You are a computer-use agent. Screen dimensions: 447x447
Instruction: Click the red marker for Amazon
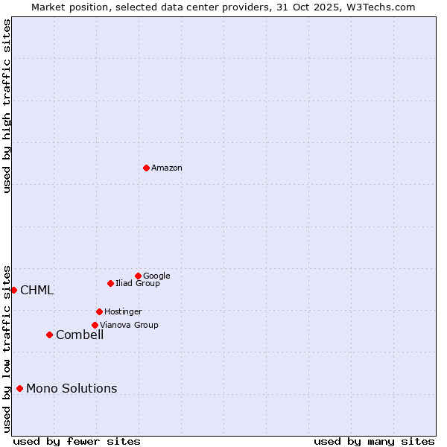tap(146, 168)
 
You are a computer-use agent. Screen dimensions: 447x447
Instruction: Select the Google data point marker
tap(138, 276)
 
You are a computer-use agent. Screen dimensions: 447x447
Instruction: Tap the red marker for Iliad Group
tap(110, 283)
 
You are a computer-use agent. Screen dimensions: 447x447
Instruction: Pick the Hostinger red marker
tap(99, 311)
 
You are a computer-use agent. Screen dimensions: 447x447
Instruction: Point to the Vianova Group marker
tap(95, 325)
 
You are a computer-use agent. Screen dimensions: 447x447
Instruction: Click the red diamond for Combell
tap(49, 335)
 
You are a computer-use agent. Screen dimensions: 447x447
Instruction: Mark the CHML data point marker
tap(13, 290)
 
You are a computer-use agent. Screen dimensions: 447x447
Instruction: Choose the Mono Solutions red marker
tap(19, 388)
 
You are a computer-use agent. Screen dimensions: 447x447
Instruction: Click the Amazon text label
tap(167, 168)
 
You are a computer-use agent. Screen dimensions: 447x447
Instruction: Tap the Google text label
tap(156, 276)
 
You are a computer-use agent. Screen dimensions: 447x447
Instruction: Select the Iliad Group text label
tap(138, 283)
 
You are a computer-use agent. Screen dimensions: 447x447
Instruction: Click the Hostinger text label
tap(123, 311)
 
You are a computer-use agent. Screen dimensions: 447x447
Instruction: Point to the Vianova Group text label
tap(129, 325)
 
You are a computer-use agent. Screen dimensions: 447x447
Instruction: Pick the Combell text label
tap(80, 335)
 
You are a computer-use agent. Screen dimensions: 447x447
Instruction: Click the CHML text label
tap(37, 291)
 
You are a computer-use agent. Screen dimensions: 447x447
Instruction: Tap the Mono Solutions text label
tap(72, 389)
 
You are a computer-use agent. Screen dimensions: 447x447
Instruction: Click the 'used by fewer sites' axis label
tap(77, 441)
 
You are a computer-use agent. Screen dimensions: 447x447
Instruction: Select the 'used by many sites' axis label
tap(374, 441)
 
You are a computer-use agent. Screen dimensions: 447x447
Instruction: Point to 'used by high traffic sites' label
tap(7, 106)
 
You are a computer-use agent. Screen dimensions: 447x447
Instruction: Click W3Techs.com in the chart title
tap(378, 7)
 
